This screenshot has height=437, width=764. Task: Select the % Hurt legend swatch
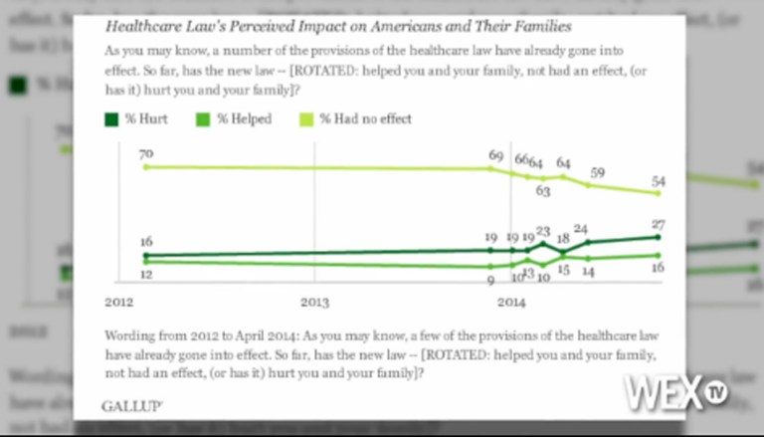pyautogui.click(x=110, y=118)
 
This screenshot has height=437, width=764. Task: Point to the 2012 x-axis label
pyautogui.click(x=118, y=301)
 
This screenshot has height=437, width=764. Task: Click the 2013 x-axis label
pyautogui.click(x=314, y=301)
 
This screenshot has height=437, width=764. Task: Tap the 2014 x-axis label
pyautogui.click(x=510, y=301)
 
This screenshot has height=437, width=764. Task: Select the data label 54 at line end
pyautogui.click(x=659, y=181)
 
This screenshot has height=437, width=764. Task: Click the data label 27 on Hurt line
pyautogui.click(x=659, y=224)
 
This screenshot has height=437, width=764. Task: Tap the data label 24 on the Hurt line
pyautogui.click(x=581, y=229)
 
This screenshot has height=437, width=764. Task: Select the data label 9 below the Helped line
pyautogui.click(x=490, y=281)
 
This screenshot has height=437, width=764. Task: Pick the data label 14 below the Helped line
pyautogui.click(x=588, y=272)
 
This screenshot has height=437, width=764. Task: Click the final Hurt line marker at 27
pyautogui.click(x=659, y=237)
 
